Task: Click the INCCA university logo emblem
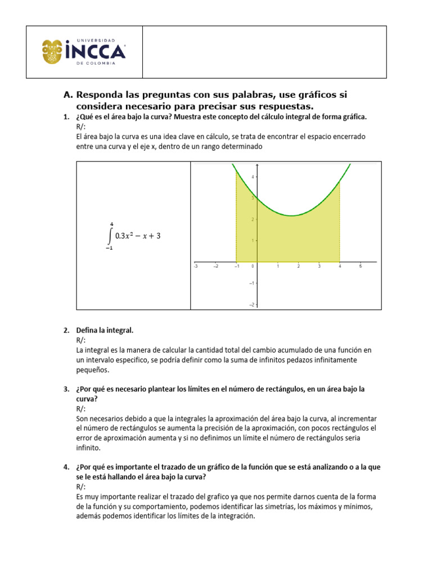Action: click(x=53, y=52)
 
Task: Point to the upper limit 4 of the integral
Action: click(x=111, y=223)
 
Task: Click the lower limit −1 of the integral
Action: click(x=109, y=249)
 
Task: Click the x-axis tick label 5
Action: click(x=360, y=267)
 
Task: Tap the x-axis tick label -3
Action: click(x=195, y=267)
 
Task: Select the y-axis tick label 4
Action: click(x=253, y=177)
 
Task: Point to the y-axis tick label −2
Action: click(x=252, y=304)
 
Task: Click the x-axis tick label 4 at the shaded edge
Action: click(x=339, y=267)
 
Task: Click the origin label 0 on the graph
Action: click(x=253, y=267)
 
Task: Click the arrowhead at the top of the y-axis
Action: click(x=257, y=165)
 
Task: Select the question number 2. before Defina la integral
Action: click(x=66, y=330)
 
